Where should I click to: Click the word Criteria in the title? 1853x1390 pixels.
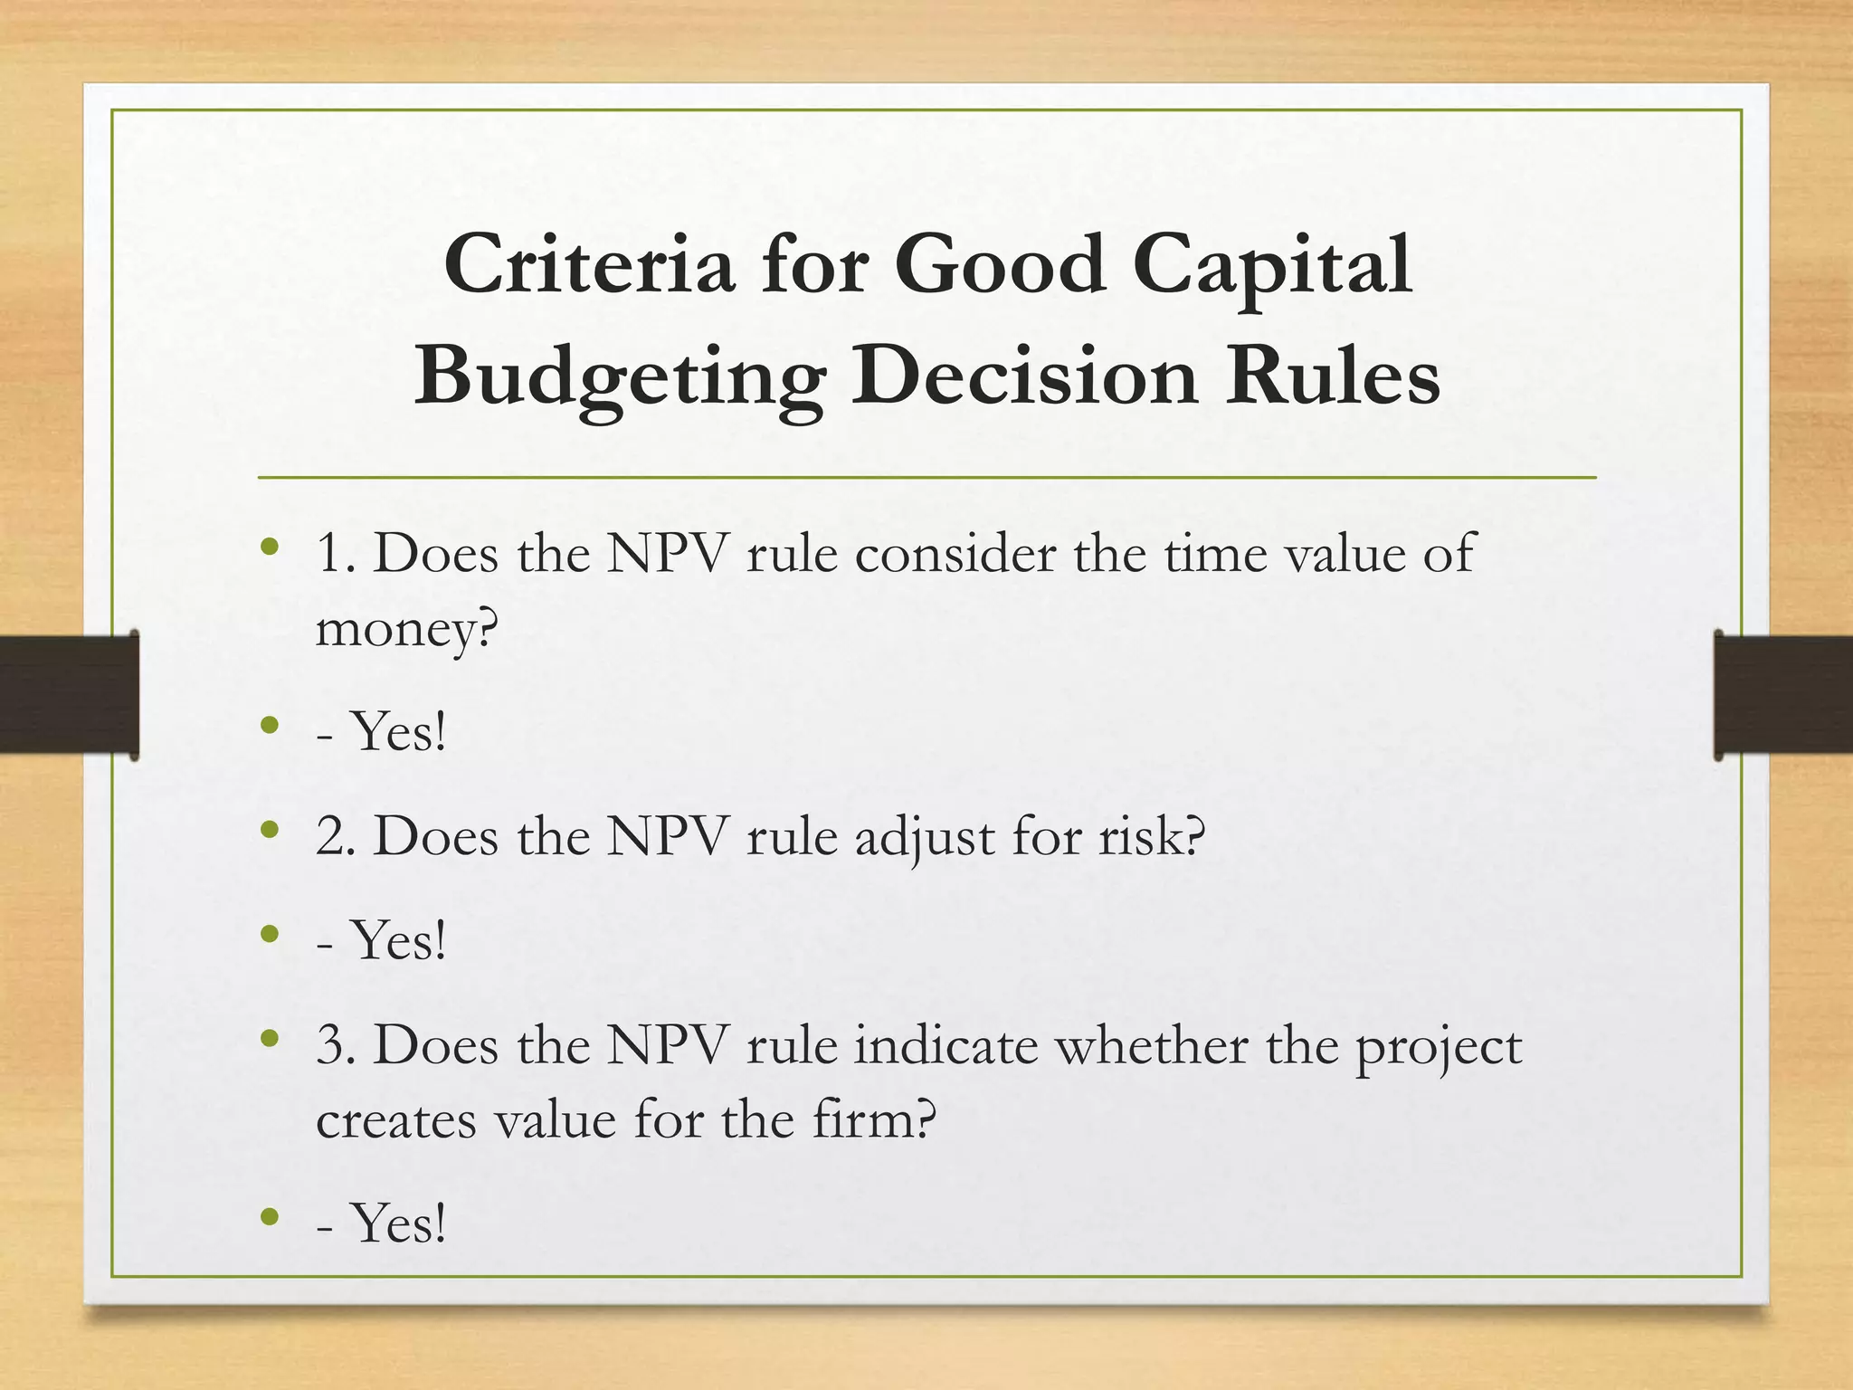(x=588, y=264)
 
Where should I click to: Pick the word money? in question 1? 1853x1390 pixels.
(x=407, y=628)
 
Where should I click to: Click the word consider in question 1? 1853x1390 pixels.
(x=955, y=553)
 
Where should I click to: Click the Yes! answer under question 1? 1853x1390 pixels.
(x=398, y=731)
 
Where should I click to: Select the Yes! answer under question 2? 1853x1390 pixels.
(x=398, y=940)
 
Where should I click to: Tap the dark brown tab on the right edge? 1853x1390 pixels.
(x=1783, y=694)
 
